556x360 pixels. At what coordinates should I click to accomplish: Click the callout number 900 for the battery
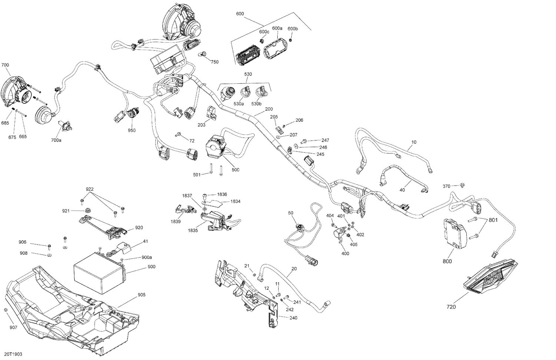(x=151, y=267)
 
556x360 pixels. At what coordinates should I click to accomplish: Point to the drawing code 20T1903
(x=14, y=354)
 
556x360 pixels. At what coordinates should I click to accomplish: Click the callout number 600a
(x=277, y=28)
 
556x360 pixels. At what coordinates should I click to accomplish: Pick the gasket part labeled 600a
(x=274, y=49)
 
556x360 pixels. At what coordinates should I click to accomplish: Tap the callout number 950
(x=132, y=130)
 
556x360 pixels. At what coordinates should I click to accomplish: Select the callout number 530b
(x=257, y=104)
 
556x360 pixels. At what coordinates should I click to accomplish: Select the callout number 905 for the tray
(x=142, y=295)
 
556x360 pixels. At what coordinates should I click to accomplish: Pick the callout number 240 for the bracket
(x=293, y=318)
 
